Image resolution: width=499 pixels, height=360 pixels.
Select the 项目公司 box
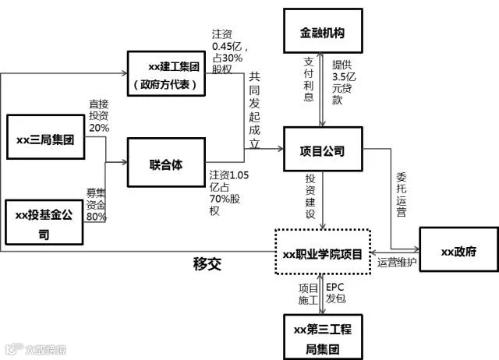(322, 151)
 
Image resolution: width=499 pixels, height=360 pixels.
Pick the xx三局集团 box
(44, 139)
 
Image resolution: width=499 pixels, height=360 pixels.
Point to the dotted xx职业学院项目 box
(322, 253)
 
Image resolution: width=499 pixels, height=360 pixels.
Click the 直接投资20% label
(99, 116)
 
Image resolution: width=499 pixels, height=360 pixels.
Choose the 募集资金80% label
(97, 204)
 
